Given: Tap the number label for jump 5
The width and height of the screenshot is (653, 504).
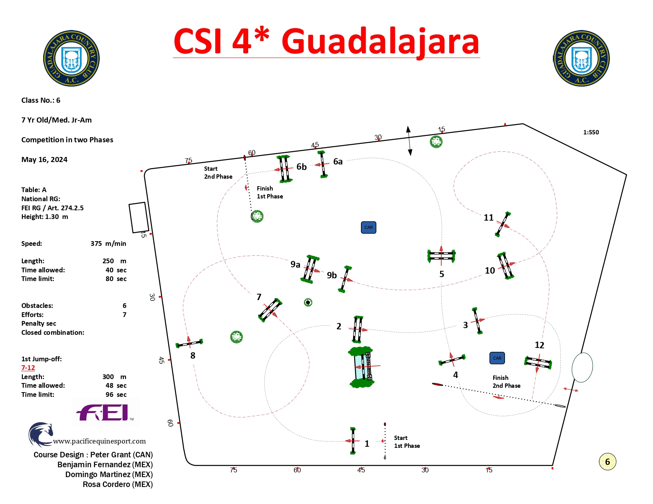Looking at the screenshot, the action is (x=441, y=274).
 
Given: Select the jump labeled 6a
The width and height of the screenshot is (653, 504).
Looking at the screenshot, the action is (x=322, y=164).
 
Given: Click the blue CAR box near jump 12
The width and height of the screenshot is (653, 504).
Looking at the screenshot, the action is (x=497, y=358).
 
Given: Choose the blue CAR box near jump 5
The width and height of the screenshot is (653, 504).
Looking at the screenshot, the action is (x=368, y=227).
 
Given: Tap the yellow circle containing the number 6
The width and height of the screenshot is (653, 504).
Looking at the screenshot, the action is (x=607, y=461).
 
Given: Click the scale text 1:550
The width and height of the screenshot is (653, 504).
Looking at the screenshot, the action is (x=591, y=132).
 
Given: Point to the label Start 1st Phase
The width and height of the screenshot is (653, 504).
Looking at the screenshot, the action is (x=407, y=442).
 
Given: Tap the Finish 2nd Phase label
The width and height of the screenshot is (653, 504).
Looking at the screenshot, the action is (x=506, y=381).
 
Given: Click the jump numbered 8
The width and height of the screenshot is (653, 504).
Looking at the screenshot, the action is (x=189, y=343).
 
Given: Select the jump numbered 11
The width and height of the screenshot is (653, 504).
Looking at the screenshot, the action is (x=503, y=224).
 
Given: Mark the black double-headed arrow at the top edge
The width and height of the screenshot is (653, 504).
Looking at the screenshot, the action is (x=409, y=141).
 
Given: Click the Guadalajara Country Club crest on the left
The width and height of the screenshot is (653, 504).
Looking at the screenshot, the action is (x=71, y=58).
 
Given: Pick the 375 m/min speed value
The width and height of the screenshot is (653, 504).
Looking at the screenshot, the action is (x=108, y=244).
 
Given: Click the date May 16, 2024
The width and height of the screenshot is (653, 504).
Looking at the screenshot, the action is (x=44, y=159).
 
